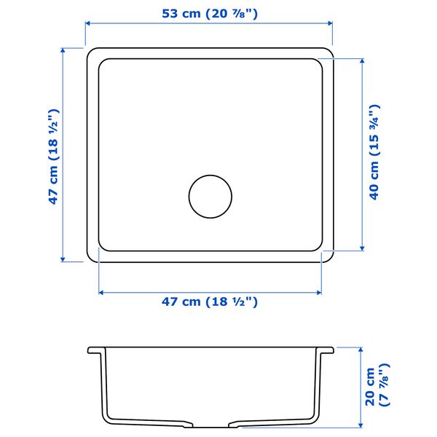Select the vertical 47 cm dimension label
(53, 156)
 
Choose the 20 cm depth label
(377, 387)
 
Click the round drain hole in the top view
(210, 196)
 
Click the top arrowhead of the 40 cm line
(361, 60)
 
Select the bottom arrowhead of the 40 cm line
(361, 248)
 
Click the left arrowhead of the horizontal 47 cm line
(101, 293)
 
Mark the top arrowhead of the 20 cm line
(361, 349)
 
